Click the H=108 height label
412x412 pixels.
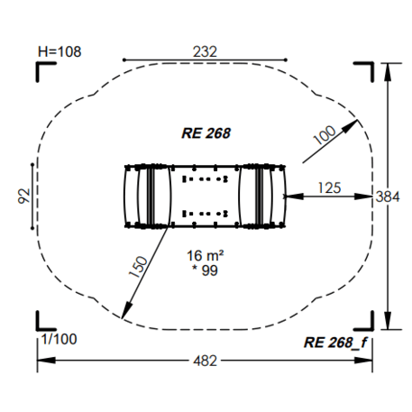pos(60,51)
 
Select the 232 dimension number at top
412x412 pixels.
pos(205,51)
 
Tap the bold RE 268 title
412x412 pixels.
pos(206,133)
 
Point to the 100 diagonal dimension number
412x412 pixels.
pos(325,134)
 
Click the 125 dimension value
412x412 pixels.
pos(329,188)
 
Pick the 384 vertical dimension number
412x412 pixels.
pos(388,197)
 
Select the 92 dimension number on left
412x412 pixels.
pos(24,196)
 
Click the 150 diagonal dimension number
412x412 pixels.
pos(138,267)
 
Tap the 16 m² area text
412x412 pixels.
pos(206,256)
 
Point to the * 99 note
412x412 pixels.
pos(205,270)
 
